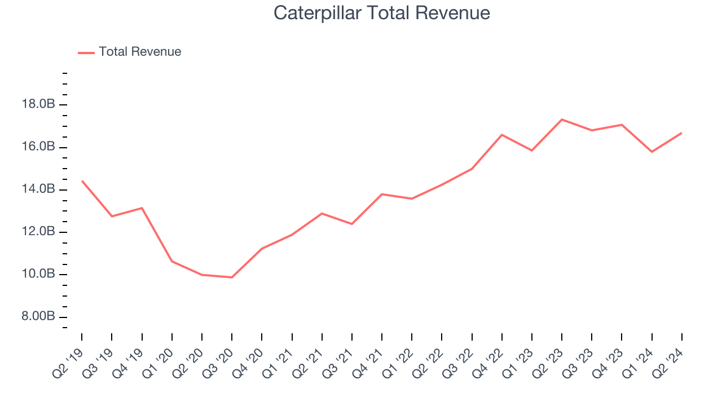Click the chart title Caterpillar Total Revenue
(382, 12)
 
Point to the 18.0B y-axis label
(38, 104)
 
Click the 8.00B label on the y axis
(38, 317)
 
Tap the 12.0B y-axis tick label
(38, 232)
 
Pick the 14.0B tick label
(38, 189)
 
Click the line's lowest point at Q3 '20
(232, 277)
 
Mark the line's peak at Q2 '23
(562, 120)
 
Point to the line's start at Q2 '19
(82, 181)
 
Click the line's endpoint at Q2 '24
(682, 133)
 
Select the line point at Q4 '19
(142, 208)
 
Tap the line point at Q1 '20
(172, 261)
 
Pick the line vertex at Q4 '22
(502, 135)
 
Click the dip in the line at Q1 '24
(652, 152)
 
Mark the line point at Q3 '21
(352, 224)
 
